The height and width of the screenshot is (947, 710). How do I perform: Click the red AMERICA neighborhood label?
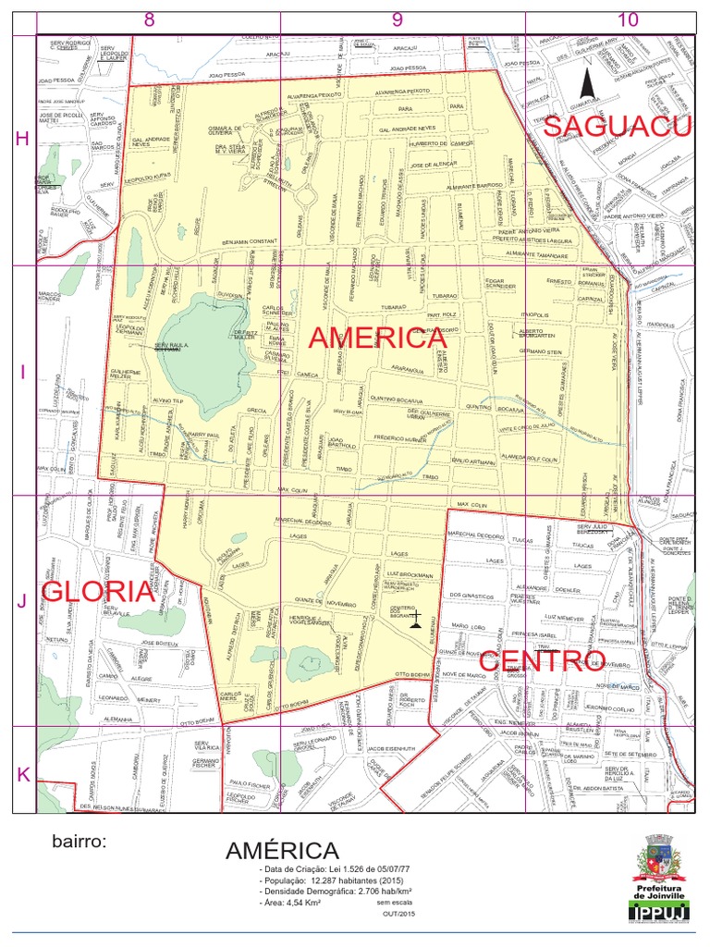coord(377,338)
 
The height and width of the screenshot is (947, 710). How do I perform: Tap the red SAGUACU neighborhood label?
coord(617,127)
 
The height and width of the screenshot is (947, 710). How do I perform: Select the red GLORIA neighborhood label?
coord(97,591)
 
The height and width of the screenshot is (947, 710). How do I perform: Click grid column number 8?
coord(149,19)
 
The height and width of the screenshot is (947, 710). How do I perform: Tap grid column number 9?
coord(398,19)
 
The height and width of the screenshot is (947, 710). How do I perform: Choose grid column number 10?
coord(628,19)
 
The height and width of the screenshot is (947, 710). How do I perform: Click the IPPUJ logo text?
coord(659,914)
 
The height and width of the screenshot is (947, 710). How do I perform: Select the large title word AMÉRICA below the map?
coord(283,851)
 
